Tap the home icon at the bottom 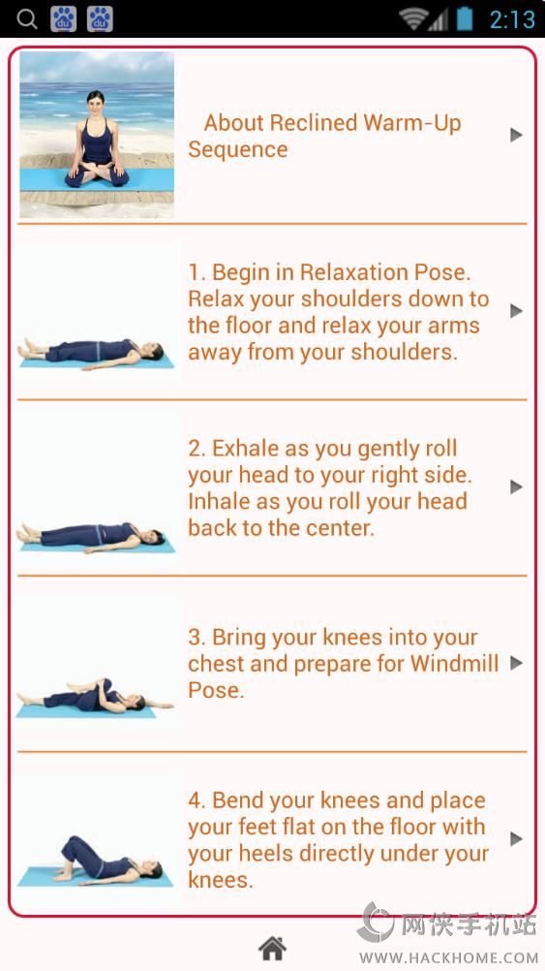[x=272, y=948]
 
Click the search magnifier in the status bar [x=26, y=19]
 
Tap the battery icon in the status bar [x=466, y=18]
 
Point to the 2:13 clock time [x=512, y=19]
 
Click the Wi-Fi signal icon [x=412, y=19]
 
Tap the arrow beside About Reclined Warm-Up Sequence [x=517, y=135]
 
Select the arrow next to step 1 [x=517, y=311]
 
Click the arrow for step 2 [x=517, y=487]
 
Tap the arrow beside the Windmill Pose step [x=517, y=663]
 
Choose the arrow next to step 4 [x=517, y=839]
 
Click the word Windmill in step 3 [x=455, y=663]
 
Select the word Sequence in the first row [x=238, y=149]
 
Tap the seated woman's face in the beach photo [x=96, y=102]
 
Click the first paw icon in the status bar [x=64, y=19]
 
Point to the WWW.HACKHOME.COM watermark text [x=448, y=957]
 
